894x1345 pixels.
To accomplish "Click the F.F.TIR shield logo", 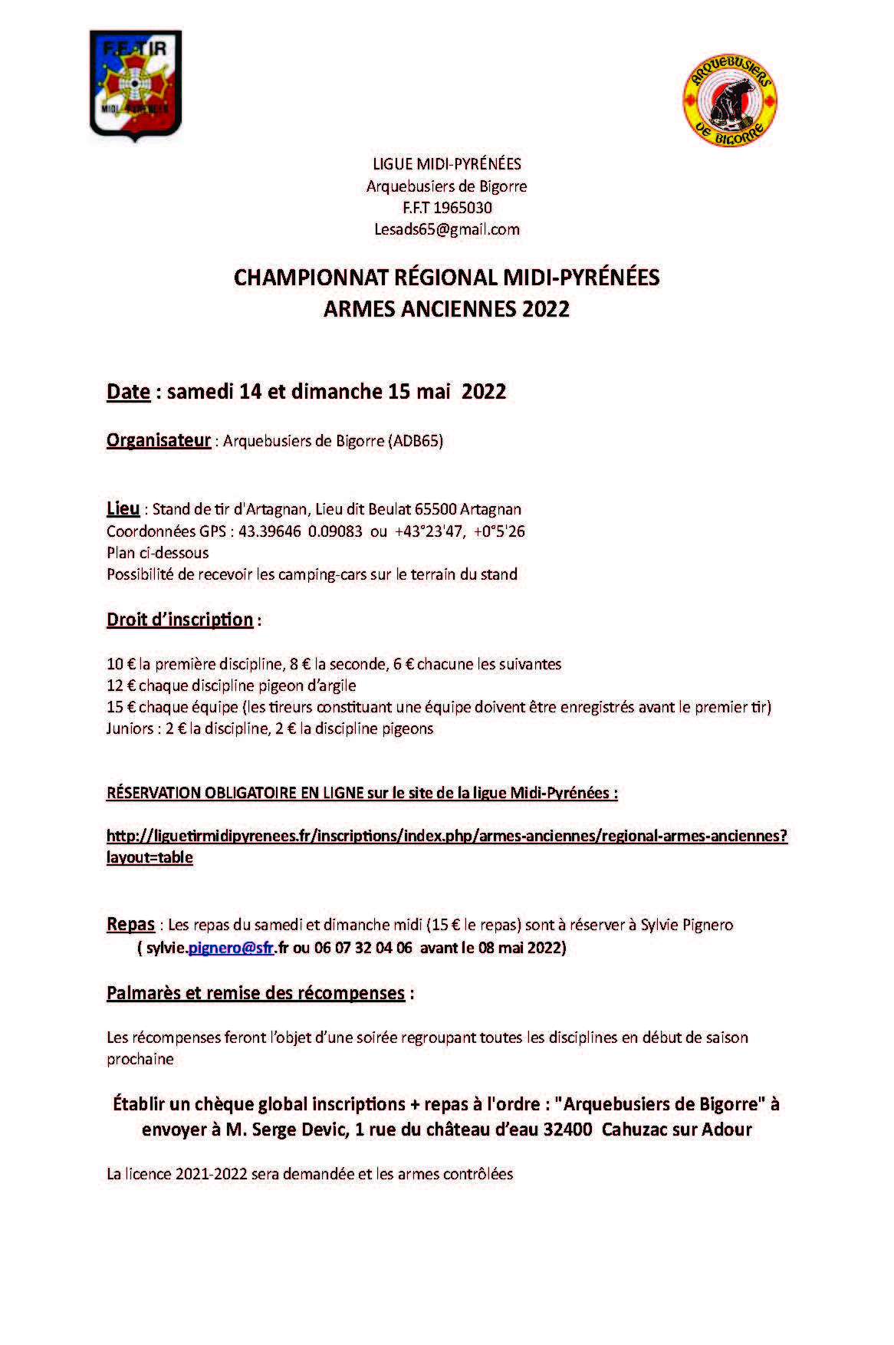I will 136,84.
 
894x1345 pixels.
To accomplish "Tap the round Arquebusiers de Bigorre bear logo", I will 730,100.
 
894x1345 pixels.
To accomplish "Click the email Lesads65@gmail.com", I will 447,229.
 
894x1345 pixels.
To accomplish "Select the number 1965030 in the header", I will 463,208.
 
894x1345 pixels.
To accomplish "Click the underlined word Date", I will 128,392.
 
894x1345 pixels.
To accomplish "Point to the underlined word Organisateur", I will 159,440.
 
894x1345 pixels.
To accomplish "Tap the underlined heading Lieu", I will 123,508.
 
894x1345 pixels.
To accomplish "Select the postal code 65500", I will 436,509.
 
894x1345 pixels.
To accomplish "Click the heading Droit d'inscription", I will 180,620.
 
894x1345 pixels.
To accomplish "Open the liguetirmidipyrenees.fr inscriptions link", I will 446,836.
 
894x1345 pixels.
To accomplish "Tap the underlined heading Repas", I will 130,925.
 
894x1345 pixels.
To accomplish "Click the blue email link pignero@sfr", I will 231,948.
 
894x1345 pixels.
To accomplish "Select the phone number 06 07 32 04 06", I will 363,948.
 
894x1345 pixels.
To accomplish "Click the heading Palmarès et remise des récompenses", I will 255,993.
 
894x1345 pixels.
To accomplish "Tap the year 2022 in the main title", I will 546,309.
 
